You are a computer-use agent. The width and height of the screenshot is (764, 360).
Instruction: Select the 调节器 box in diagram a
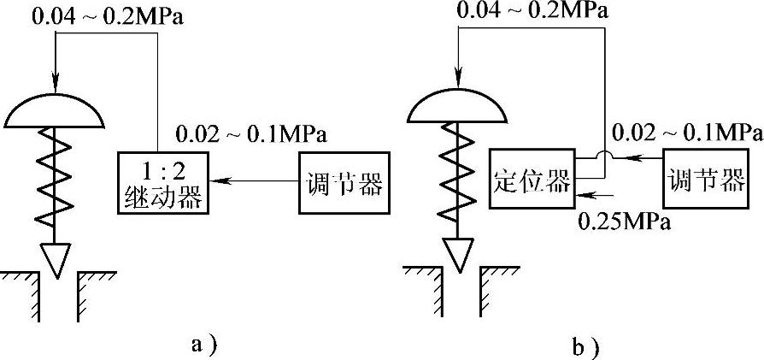(344, 182)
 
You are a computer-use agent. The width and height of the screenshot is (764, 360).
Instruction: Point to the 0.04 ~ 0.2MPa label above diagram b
(529, 11)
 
